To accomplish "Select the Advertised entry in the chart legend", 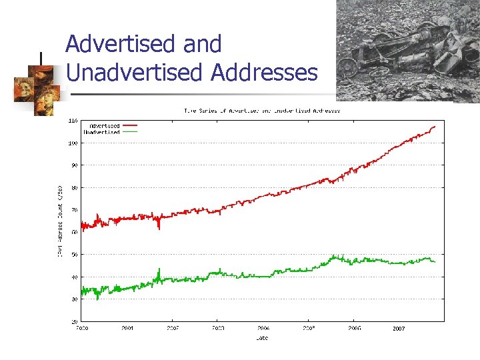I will coord(104,125).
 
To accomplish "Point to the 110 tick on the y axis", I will coord(73,121).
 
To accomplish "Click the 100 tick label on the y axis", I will coord(73,143).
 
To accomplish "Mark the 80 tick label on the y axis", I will coord(74,187).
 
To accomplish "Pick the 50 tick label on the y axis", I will coord(74,254).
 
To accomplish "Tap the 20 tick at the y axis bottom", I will coord(74,321).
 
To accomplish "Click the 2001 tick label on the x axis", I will coord(127,329).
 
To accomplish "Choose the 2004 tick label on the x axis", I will coord(263,329).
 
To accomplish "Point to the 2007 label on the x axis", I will coord(399,329).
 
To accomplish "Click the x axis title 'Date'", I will coord(262,338).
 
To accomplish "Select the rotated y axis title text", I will coord(60,221).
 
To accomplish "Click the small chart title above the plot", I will coord(262,111).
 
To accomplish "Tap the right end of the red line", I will coord(435,127).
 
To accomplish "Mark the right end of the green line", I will coord(435,261).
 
